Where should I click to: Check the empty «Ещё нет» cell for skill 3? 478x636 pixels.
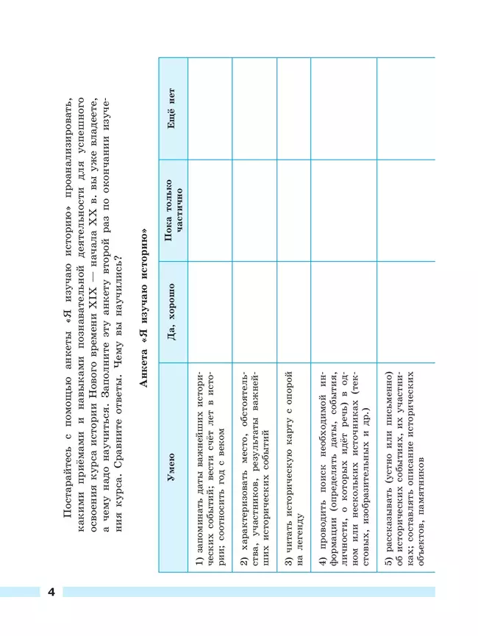pos(293,110)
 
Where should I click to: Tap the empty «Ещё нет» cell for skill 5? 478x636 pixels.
pos(404,110)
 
